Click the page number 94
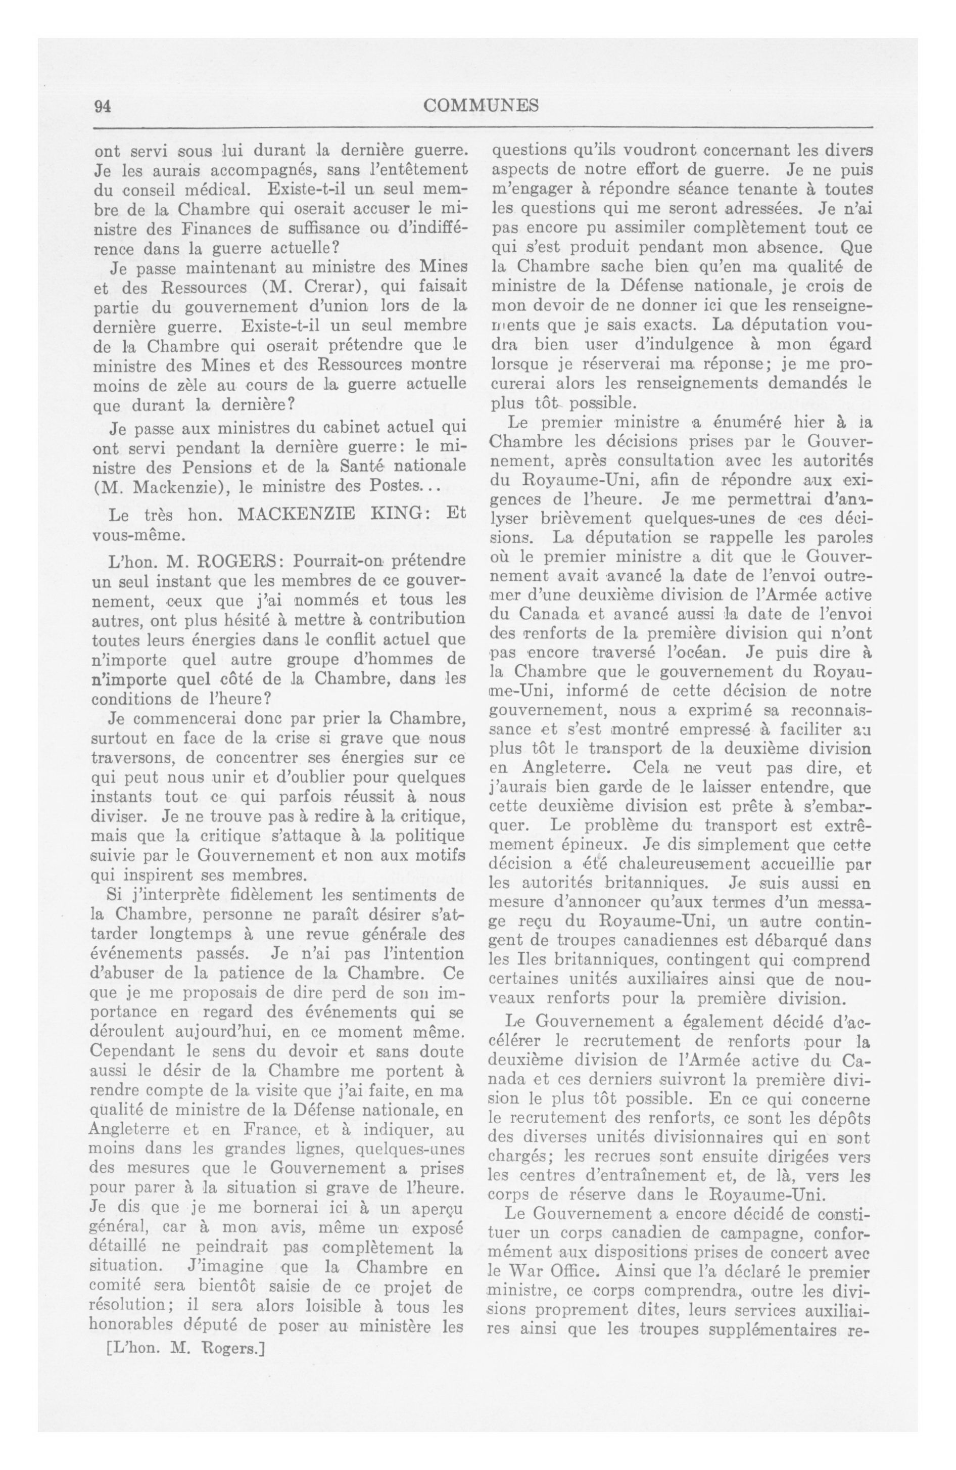click(x=102, y=106)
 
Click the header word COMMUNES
click(x=481, y=106)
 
